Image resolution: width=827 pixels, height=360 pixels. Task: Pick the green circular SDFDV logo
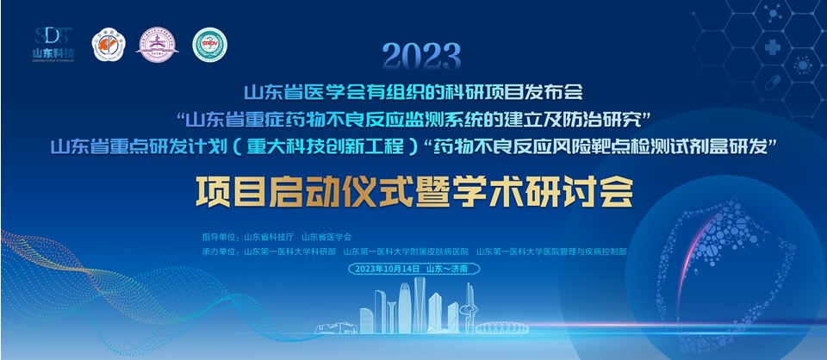(x=208, y=44)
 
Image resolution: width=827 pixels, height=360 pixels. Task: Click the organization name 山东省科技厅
(x=269, y=236)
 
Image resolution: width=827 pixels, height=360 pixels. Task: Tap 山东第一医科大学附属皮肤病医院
(x=406, y=251)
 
